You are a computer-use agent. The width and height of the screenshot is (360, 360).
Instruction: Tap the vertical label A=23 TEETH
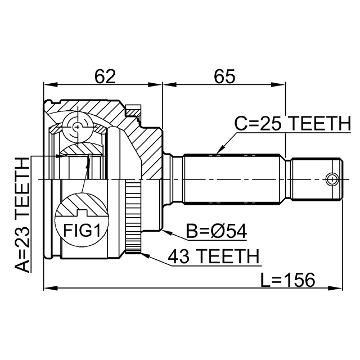21,215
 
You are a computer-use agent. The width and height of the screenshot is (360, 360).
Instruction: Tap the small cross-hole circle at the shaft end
332,180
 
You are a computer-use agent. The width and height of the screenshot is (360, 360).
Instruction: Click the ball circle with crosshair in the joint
75,127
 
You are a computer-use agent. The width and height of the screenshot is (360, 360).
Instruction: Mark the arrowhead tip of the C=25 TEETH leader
217,154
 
